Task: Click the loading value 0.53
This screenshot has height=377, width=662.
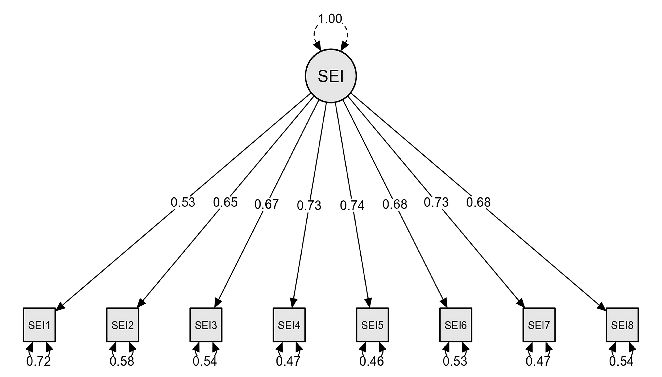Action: pyautogui.click(x=183, y=202)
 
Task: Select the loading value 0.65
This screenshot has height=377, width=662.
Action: pyautogui.click(x=225, y=202)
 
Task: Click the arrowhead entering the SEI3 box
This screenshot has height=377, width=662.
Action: pyautogui.click(x=218, y=303)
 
